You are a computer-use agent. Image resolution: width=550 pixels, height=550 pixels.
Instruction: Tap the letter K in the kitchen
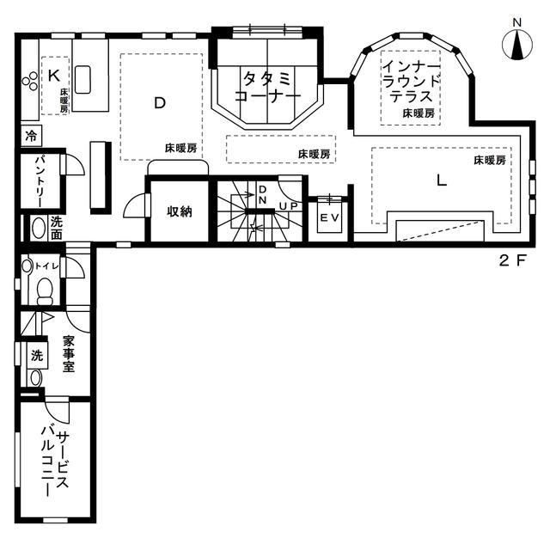53,76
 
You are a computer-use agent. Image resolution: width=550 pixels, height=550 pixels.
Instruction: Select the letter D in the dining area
160,103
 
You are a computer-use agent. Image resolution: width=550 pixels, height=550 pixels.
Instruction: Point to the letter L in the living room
441,180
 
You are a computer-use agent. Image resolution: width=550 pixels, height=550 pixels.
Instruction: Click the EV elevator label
330,217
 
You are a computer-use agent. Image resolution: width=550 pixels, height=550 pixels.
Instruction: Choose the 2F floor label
512,260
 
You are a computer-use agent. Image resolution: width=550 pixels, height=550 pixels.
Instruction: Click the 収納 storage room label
180,211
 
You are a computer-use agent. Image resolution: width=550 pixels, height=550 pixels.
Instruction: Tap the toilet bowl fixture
45,291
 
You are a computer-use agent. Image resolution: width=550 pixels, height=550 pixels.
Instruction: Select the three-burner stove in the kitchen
30,81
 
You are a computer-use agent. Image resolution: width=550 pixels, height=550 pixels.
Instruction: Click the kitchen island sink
82,79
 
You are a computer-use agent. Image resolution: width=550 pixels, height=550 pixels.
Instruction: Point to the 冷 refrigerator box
31,136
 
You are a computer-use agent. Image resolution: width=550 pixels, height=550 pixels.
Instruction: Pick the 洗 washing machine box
37,355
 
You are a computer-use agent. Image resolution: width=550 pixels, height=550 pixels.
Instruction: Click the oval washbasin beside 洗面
39,228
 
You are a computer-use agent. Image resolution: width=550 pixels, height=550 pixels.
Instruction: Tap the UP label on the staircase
289,206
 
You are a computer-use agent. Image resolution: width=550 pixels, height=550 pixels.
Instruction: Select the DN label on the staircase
262,195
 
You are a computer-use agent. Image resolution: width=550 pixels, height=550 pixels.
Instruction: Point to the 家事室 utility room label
69,354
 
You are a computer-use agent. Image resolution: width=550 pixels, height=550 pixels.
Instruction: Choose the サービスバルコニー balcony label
55,461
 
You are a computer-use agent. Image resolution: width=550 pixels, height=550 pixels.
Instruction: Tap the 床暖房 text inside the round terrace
419,113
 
